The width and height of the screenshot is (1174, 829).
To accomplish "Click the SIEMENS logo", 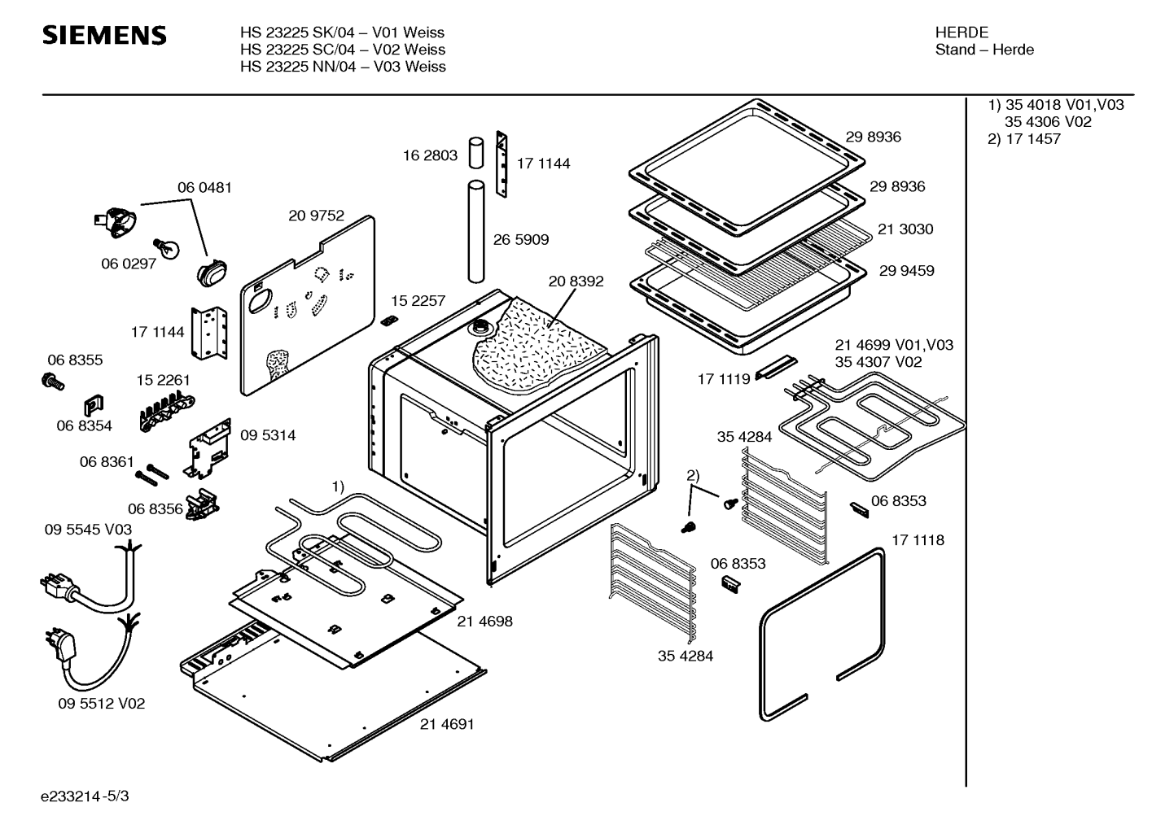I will coord(104,35).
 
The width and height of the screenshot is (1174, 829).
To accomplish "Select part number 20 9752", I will coord(316,216).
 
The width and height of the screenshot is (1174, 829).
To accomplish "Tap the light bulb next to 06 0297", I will coord(168,248).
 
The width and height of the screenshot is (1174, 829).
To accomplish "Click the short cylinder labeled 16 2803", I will coord(475,152).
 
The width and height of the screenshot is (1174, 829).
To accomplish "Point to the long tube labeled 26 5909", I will coord(475,233).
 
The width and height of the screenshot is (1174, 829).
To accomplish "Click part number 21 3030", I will coord(905,229).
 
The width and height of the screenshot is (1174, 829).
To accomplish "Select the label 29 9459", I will coord(906,271).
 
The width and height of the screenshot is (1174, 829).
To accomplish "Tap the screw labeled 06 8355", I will coord(52,379).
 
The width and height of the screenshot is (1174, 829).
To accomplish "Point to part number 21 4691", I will coord(447,724).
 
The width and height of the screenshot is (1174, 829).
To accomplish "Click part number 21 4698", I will coord(484,622).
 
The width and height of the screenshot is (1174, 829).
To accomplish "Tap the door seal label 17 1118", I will coord(918,540).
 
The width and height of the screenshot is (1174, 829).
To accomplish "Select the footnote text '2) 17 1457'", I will coord(1024,139).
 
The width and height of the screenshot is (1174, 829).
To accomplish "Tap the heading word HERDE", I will coord(962,33).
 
